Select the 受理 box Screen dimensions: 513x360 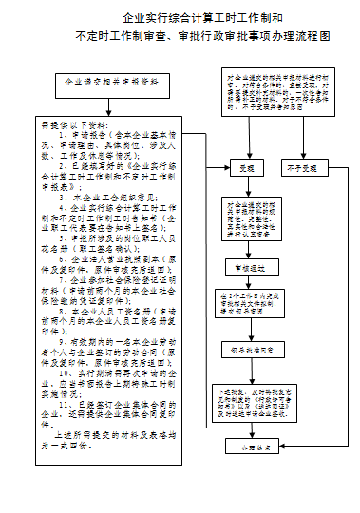point(248,168)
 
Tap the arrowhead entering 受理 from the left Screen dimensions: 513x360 point(224,168)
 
